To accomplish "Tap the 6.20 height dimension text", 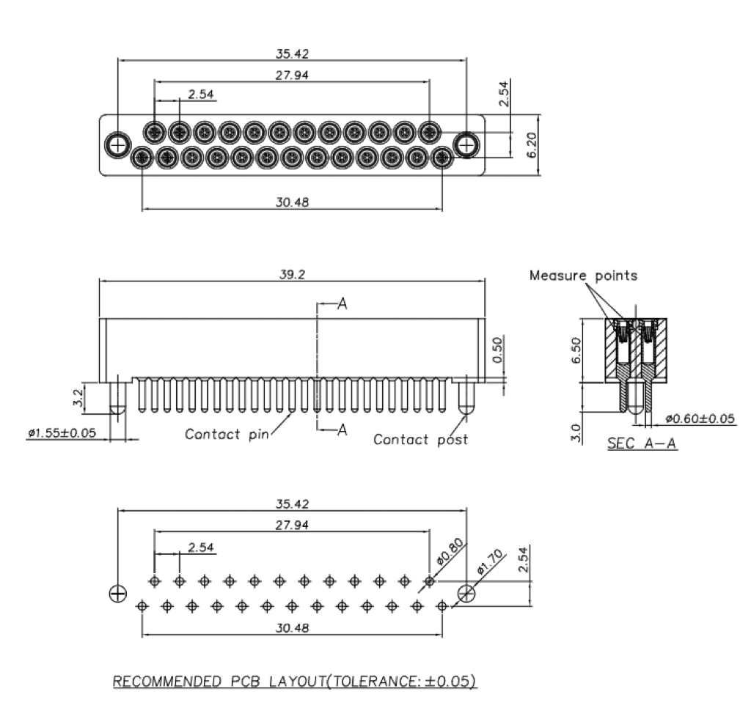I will point(533,145).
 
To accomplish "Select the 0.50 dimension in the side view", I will point(498,353).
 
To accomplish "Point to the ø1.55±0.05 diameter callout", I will point(62,433).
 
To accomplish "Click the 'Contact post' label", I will point(420,440).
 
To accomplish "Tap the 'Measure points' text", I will point(584,276).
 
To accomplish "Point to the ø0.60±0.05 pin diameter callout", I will point(700,418).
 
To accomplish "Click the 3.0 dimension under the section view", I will point(575,432).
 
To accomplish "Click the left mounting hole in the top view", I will point(117,144).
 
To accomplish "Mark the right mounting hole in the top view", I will point(466,144).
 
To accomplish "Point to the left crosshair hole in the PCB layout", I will point(117,593).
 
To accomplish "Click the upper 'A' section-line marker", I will point(341,305).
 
